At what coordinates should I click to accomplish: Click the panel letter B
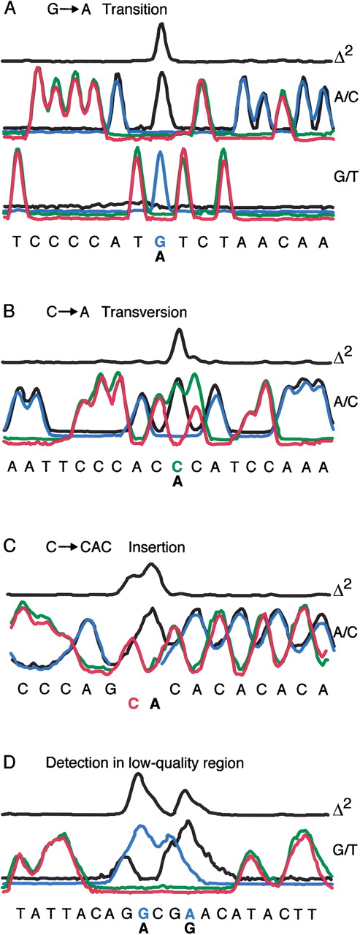(x=9, y=312)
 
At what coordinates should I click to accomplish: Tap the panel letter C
(x=9, y=546)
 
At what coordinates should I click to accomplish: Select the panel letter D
(x=9, y=763)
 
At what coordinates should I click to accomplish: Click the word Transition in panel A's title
(x=134, y=9)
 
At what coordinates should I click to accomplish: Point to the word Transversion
(x=145, y=312)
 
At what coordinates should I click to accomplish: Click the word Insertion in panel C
(x=156, y=547)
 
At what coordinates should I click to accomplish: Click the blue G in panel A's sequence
(x=160, y=241)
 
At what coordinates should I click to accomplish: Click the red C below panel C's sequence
(x=134, y=703)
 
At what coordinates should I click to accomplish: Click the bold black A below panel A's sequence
(x=160, y=258)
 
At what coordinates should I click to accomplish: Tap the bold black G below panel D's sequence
(x=190, y=928)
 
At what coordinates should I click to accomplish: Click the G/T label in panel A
(x=346, y=177)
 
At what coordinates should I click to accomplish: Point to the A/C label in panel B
(x=346, y=401)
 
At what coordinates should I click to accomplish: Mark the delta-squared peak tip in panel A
(x=162, y=24)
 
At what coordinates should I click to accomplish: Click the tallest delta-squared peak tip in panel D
(x=139, y=782)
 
